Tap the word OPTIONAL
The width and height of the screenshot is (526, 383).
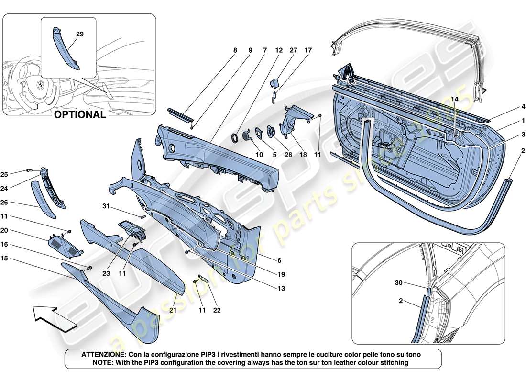point(79,114)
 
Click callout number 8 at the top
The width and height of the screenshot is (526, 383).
point(235,49)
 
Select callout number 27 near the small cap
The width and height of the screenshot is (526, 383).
point(293,49)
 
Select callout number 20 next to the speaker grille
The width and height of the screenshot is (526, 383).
point(18,230)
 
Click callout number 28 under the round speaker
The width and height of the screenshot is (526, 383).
point(274,155)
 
